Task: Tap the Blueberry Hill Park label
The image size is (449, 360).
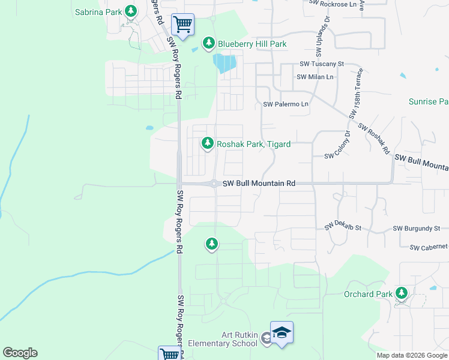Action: pos(252,44)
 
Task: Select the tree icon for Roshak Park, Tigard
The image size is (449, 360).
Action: pos(208,143)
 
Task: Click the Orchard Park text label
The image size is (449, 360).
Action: pos(368,294)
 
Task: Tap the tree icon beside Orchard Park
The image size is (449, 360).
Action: pos(401,293)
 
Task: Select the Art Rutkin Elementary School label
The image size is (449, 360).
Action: pos(223,339)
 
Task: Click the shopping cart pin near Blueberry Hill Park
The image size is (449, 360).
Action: pos(182,25)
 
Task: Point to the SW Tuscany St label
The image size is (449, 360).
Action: pos(322,64)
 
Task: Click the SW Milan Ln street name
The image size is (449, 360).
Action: pos(315,77)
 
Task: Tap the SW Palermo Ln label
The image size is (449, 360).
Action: pos(286,104)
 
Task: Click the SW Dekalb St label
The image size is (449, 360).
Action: pos(343,227)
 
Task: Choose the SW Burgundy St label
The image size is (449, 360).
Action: pos(417,229)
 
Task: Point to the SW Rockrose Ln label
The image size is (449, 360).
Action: pos(337,4)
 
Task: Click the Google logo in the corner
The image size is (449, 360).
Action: pos(20,353)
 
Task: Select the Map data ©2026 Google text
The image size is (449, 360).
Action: pos(412,355)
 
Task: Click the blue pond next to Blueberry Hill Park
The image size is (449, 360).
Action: pos(223,63)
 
